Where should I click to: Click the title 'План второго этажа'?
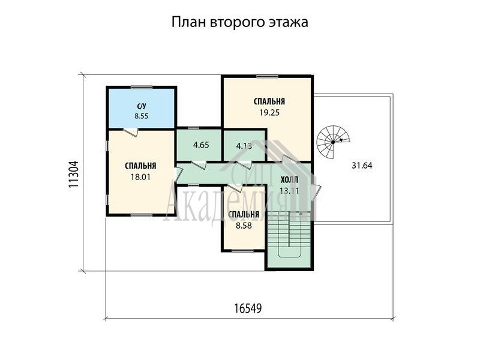click(239, 23)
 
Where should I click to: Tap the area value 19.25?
click(269, 113)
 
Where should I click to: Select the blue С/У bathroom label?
click(142, 106)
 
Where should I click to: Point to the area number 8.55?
click(142, 116)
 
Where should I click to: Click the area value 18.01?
click(140, 177)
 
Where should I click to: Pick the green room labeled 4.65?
click(199, 144)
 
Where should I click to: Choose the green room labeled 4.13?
click(244, 145)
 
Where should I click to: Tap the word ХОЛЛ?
click(289, 179)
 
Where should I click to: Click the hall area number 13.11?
click(289, 191)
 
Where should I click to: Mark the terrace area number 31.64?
click(362, 166)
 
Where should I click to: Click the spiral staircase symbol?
click(332, 142)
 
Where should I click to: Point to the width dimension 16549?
click(248, 308)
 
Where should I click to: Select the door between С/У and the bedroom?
click(130, 131)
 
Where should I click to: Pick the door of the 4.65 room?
click(199, 164)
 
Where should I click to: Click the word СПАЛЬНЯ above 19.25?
click(269, 101)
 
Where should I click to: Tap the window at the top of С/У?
click(142, 87)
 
